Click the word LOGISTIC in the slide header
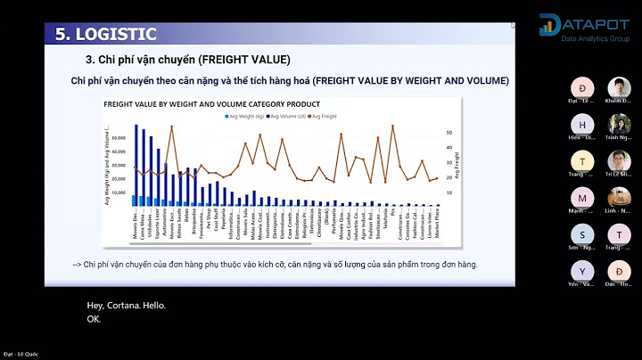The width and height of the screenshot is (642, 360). pos(116,35)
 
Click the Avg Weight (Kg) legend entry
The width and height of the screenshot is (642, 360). pos(244,117)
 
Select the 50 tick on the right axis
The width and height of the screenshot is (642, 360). pos(449,133)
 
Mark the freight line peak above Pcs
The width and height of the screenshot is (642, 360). pos(393,126)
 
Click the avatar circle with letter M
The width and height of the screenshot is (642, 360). pos(582,198)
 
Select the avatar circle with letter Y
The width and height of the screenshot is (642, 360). pos(582,271)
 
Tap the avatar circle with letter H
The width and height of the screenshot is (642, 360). pos(582,124)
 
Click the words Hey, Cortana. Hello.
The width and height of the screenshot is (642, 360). pos(126,306)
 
